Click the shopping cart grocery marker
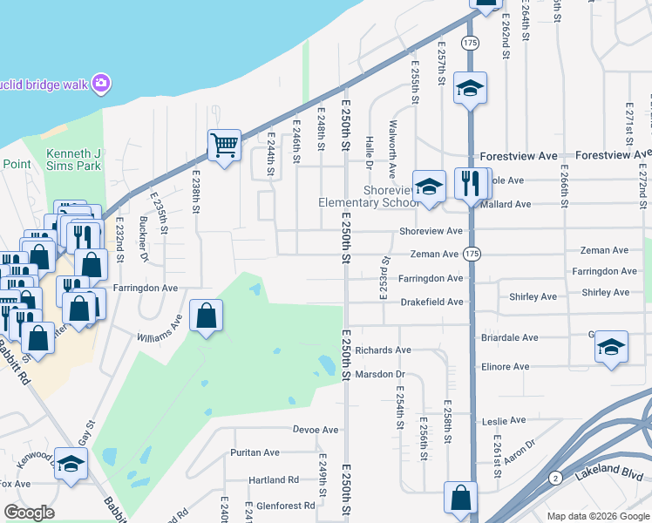click(224, 145)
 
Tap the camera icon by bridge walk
click(102, 83)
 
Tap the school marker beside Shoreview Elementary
click(429, 187)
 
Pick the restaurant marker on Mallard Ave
click(472, 184)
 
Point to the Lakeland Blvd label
click(610, 475)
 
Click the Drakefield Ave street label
click(431, 302)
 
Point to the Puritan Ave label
click(255, 452)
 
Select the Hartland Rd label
click(274, 479)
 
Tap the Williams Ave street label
click(159, 332)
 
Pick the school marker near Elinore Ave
click(611, 347)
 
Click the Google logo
click(30, 512)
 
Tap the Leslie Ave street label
click(506, 420)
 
